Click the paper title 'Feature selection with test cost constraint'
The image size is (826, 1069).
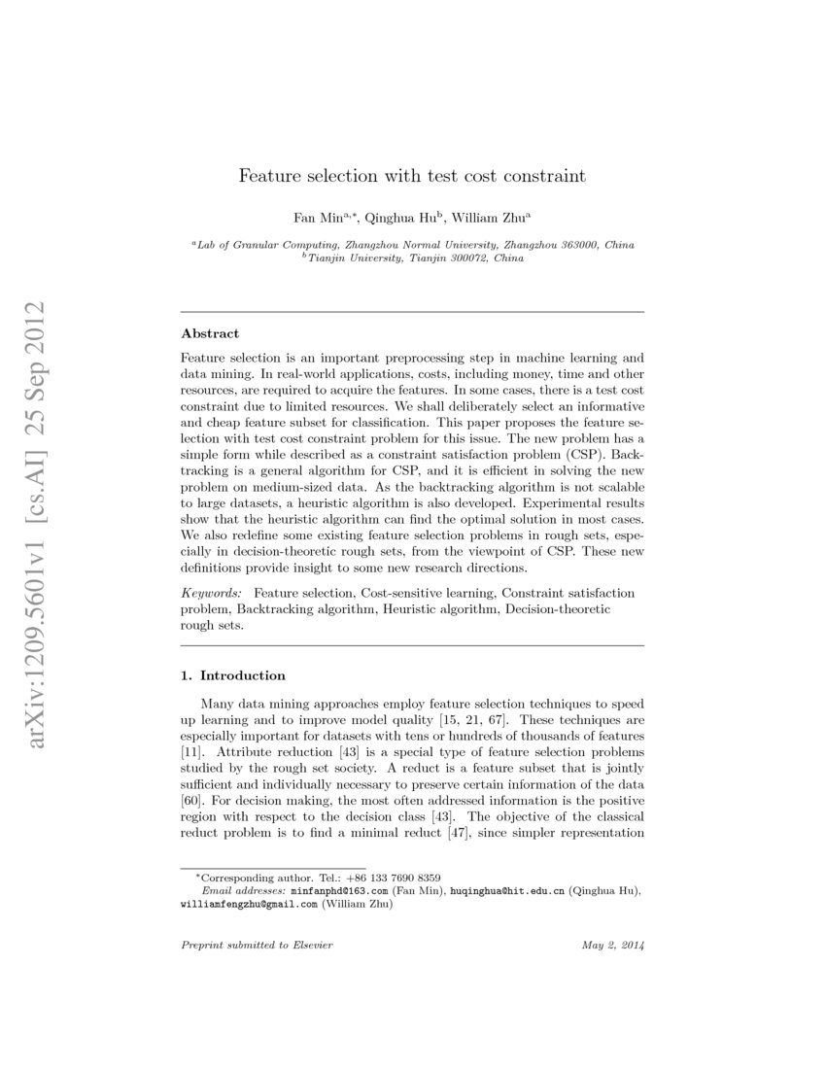click(413, 177)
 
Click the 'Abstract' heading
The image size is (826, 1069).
click(210, 332)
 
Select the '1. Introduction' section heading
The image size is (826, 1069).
click(233, 675)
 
